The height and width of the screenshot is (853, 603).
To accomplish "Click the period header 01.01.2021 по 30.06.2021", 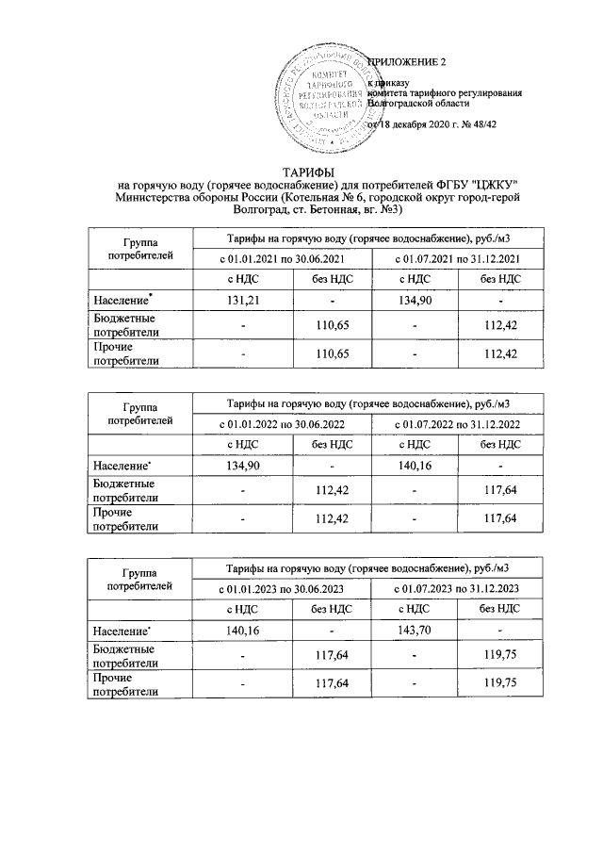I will tap(282, 258).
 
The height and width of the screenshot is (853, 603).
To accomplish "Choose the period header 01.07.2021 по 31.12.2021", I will tap(457, 258).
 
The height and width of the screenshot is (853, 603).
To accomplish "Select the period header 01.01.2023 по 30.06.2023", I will tap(282, 588).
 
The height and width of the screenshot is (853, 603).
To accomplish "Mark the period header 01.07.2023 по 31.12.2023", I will tap(457, 588).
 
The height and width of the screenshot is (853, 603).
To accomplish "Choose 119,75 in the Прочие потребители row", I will tap(500, 683).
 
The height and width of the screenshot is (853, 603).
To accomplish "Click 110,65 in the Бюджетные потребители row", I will tap(328, 324).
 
